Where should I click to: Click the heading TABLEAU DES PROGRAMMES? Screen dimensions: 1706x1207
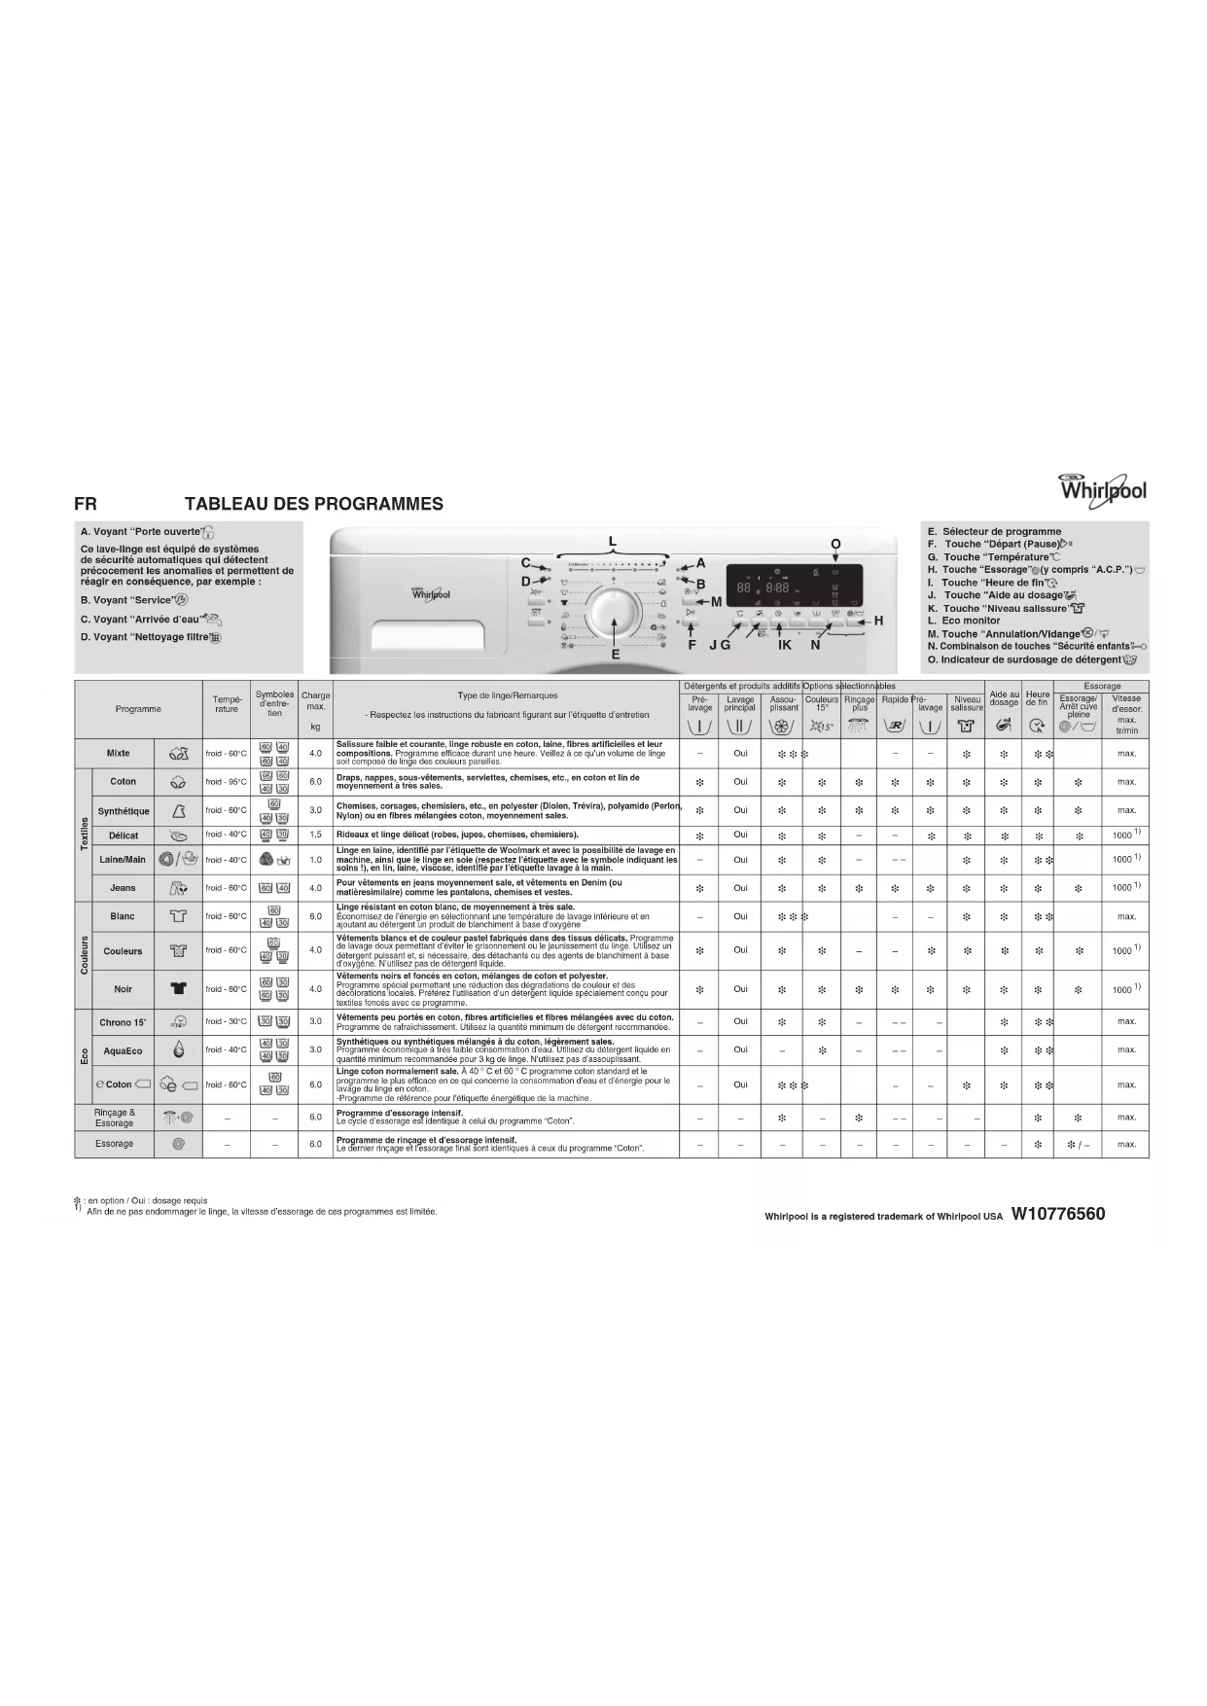coord(313,504)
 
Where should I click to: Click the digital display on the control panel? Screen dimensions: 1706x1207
coord(794,589)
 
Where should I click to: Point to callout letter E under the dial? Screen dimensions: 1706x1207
coord(615,656)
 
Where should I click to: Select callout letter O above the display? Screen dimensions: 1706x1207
coord(834,545)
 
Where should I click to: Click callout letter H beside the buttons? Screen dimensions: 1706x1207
coord(878,621)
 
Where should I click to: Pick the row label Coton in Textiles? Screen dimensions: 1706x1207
coord(123,782)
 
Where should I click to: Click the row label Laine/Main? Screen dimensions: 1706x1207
coord(123,860)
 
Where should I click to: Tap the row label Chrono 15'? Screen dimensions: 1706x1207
coord(123,1022)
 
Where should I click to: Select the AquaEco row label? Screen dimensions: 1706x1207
coord(123,1050)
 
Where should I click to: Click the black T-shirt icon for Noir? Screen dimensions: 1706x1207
coord(178,989)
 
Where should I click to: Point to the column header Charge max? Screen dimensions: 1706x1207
coord(315,700)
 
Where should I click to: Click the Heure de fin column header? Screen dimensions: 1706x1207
coord(1037,698)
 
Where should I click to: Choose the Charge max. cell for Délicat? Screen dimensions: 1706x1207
coord(315,835)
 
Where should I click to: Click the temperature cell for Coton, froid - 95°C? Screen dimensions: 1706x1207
coord(226,782)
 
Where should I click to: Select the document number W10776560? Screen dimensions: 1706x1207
coord(1057,1214)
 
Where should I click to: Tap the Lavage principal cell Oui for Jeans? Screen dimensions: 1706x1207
coord(740,888)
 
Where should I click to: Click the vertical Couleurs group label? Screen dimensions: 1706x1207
coord(84,955)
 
